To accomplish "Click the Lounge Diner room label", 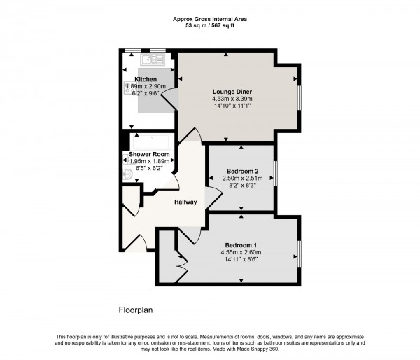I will click(x=232, y=92).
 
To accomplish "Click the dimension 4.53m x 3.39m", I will click(x=232, y=99).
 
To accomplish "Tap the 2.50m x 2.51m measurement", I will click(x=242, y=179).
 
